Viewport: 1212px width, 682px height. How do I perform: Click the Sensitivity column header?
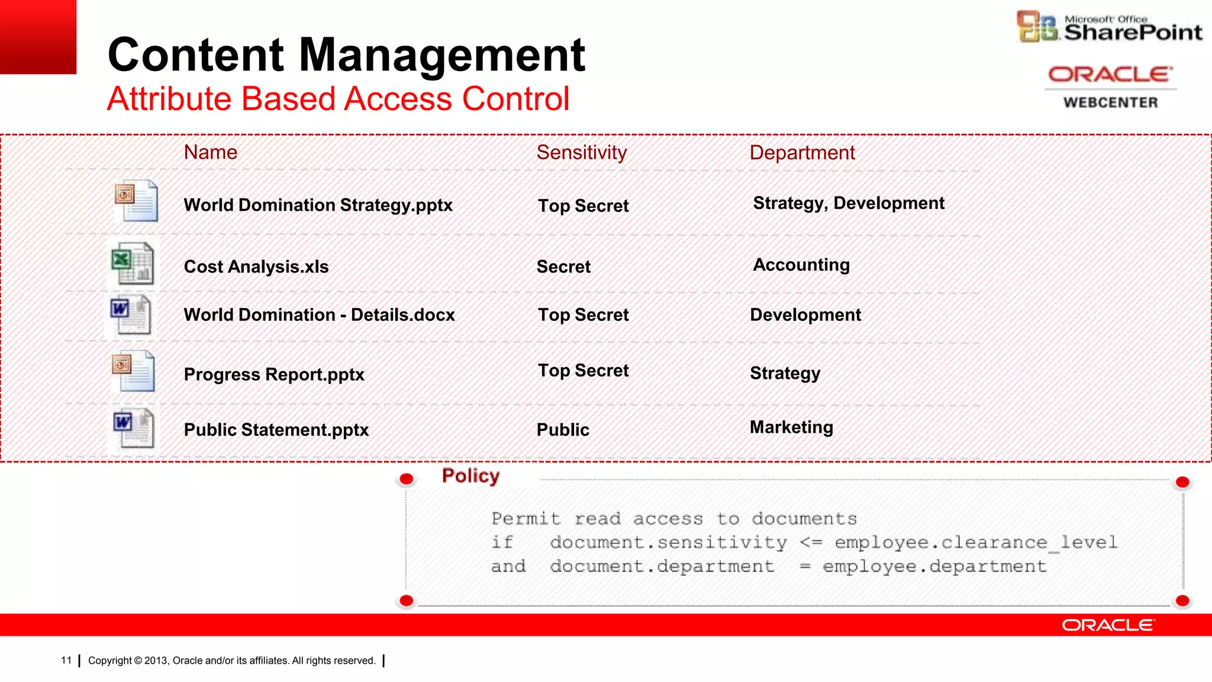(581, 153)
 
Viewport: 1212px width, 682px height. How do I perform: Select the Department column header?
(802, 153)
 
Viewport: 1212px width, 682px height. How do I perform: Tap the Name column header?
(211, 152)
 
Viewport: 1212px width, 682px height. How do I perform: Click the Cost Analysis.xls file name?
(256, 266)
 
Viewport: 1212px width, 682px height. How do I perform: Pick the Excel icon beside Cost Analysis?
(133, 263)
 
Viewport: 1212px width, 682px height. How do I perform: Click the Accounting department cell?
(801, 265)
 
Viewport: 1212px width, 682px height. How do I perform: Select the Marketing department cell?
(791, 427)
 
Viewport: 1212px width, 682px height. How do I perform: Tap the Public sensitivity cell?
(563, 429)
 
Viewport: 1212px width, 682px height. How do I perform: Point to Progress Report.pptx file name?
(274, 374)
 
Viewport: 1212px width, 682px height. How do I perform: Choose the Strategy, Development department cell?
(849, 203)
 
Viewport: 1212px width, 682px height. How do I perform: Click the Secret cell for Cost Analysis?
(563, 266)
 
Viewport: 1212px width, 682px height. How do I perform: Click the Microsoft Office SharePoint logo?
(1109, 27)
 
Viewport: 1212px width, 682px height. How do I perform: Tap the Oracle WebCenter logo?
(1110, 86)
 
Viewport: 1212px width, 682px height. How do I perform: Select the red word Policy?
(470, 475)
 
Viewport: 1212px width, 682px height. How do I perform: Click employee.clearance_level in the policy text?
(976, 542)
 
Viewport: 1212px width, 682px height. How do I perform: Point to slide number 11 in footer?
(66, 660)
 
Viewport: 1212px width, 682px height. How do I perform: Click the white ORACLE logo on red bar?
(1107, 625)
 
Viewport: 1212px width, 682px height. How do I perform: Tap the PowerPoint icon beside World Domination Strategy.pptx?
(136, 201)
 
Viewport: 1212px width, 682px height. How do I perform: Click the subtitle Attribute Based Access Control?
(338, 98)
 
